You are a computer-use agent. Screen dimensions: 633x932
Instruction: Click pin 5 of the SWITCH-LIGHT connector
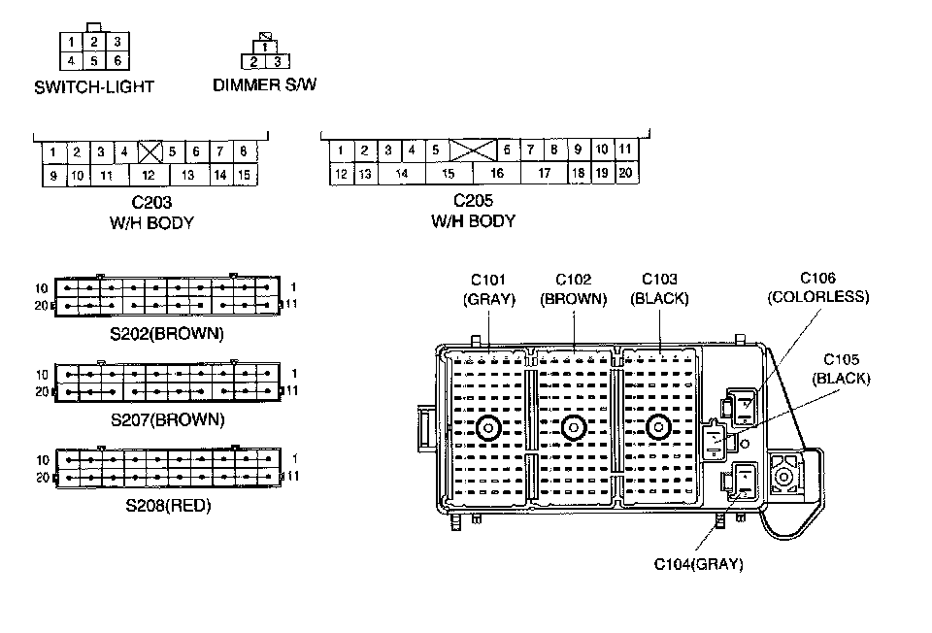93,61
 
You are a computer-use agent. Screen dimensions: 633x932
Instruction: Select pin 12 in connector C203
148,176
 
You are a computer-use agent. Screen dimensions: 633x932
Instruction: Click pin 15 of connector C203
245,176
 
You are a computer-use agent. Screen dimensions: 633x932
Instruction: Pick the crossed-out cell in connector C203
149,151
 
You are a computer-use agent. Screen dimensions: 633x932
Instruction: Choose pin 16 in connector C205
496,174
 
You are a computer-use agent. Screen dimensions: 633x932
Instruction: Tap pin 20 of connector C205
625,174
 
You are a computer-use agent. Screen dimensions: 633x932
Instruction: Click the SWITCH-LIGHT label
94,86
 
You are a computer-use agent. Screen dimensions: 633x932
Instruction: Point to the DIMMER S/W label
265,84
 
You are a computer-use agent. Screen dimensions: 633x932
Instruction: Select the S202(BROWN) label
167,334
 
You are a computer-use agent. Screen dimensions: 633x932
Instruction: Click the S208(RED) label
168,506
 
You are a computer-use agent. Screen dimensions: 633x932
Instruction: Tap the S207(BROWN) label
167,419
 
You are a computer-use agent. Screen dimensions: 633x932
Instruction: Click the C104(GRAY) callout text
699,564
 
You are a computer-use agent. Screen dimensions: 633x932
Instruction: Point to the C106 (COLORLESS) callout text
817,287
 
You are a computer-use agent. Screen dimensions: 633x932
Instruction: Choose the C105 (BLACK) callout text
841,369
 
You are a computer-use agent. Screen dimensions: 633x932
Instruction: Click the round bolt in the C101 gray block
488,427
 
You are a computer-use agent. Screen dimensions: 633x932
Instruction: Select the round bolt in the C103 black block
658,427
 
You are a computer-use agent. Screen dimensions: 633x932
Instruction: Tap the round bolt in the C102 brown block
574,427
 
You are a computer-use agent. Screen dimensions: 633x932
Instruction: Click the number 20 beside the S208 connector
42,478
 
